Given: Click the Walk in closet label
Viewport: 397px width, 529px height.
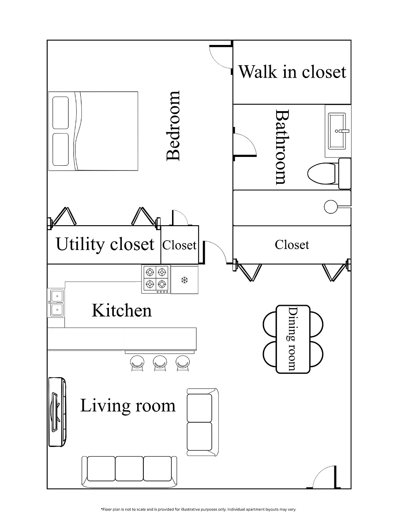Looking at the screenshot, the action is (x=292, y=72).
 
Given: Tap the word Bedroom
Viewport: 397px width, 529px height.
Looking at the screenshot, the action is (x=173, y=126).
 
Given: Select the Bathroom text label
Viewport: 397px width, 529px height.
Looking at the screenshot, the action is (x=282, y=147).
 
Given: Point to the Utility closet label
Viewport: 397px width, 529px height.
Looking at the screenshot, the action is (x=105, y=244).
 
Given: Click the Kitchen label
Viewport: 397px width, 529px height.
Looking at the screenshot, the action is (x=122, y=310).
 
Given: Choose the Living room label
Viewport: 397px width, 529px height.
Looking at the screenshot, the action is (x=128, y=406).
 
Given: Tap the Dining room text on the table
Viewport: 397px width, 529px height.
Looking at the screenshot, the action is (x=293, y=339).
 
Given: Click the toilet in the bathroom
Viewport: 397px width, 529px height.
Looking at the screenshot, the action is (x=329, y=174).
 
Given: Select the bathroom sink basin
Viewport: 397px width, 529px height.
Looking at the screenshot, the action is (x=337, y=131).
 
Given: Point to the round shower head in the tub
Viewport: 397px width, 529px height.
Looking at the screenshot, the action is (x=331, y=207).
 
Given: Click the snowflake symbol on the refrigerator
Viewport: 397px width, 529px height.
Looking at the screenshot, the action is (x=185, y=280).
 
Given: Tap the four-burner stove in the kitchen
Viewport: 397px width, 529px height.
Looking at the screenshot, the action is (x=156, y=279).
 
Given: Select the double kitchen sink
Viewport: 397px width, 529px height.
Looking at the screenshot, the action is (x=57, y=303).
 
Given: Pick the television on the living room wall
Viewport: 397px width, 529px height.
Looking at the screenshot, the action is (x=57, y=412).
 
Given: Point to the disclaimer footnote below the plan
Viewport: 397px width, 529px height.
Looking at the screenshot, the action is (x=198, y=509).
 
